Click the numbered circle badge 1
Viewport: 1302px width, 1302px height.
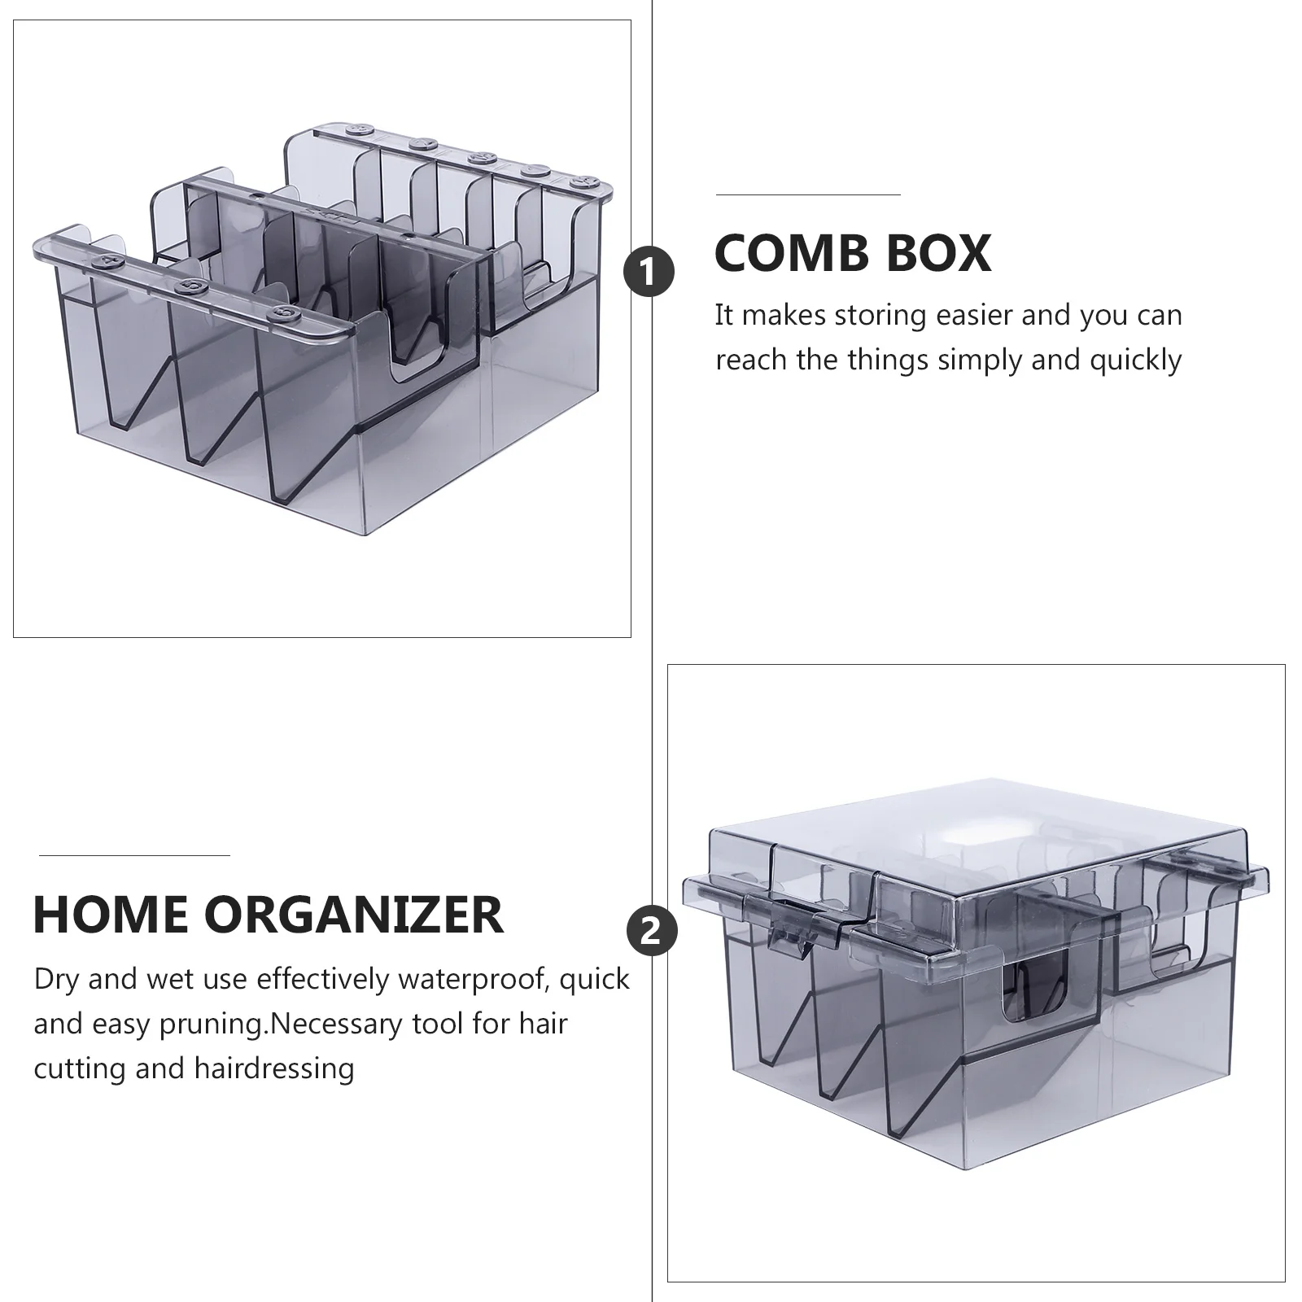pyautogui.click(x=649, y=273)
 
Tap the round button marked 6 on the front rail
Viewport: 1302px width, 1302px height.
pyautogui.click(x=283, y=312)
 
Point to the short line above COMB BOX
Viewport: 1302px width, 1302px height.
pyautogui.click(x=808, y=195)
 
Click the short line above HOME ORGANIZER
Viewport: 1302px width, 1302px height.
pyautogui.click(x=134, y=855)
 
